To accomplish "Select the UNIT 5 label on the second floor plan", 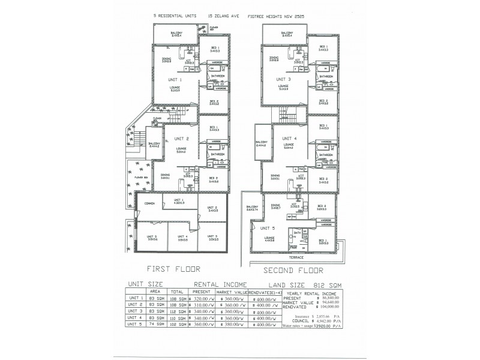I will (268, 229).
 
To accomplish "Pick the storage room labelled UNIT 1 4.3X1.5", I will (178, 202).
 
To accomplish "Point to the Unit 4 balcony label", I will (261, 144).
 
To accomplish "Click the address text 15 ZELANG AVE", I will (223, 17).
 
